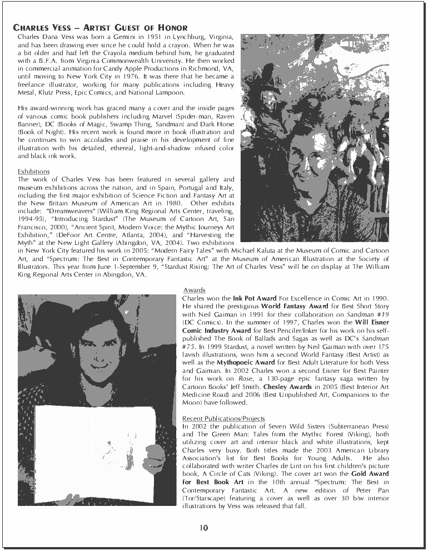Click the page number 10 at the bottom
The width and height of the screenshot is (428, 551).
[204, 528]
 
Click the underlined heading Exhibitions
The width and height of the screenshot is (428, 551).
[34, 171]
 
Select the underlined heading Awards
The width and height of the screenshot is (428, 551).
[194, 290]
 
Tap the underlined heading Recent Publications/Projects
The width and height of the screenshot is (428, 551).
[223, 418]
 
